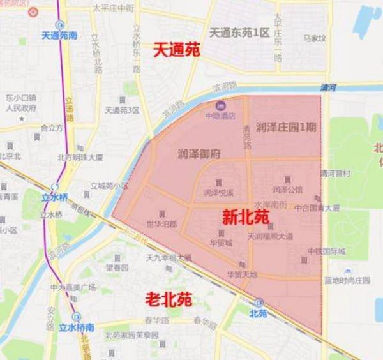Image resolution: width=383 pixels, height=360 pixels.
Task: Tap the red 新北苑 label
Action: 246,217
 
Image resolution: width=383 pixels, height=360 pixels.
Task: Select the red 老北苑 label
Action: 169,297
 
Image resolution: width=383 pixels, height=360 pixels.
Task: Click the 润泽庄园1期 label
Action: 285,126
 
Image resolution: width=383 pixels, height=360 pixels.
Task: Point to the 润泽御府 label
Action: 199,153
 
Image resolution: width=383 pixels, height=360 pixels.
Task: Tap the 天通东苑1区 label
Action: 239,32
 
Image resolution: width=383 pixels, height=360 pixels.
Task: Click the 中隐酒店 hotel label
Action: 220,116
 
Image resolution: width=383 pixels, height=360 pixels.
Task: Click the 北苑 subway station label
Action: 258,313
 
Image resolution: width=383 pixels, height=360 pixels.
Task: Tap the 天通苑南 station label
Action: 59,36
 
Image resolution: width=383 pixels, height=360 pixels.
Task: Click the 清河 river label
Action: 326,89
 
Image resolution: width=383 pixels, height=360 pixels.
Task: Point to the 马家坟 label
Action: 314,38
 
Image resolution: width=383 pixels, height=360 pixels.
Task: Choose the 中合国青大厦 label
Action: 317,207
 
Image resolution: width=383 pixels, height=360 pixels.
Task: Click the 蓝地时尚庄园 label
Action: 346,280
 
